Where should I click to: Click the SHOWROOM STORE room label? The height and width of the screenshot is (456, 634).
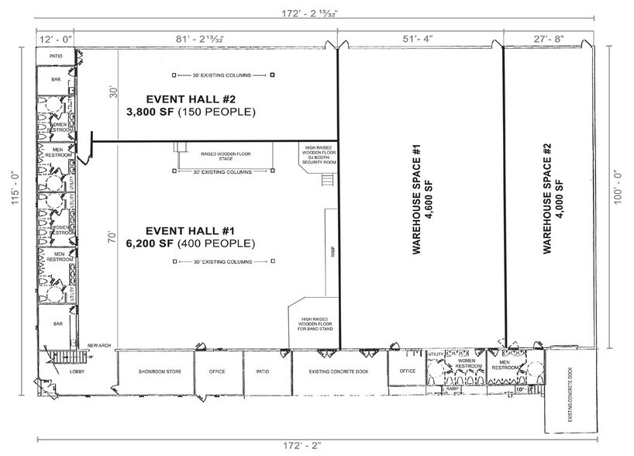click(x=160, y=371)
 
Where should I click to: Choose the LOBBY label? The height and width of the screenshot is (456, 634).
click(x=77, y=371)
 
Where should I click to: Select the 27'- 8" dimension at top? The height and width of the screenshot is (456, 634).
click(x=548, y=36)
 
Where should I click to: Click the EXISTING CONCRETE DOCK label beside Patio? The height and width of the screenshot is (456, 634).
click(x=339, y=371)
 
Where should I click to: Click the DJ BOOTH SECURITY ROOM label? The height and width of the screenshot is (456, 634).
click(x=318, y=154)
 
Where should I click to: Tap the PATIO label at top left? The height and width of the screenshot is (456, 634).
click(x=56, y=56)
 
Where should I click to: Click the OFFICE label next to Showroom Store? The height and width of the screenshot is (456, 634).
click(x=217, y=371)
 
